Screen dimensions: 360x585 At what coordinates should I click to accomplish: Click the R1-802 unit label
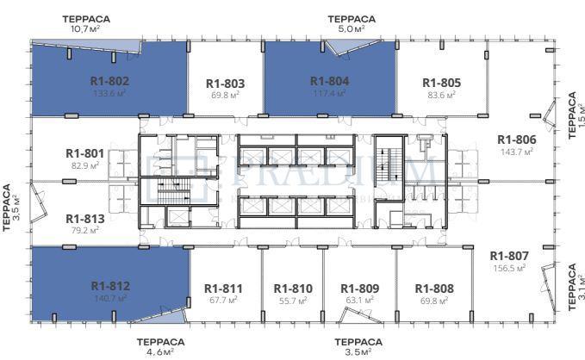coord(109,81)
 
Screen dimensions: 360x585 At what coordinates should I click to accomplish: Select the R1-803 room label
coord(227,84)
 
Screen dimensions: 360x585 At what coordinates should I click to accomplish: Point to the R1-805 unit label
coord(441,83)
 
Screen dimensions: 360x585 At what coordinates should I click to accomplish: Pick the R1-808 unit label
coord(434,289)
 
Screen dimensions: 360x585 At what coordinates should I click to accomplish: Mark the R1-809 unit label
coord(360,289)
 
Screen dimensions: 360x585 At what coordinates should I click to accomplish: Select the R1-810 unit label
coord(293,289)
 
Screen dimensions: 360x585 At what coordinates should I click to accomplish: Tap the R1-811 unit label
coord(223,289)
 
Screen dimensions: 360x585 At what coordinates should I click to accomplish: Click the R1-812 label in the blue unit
coord(109,286)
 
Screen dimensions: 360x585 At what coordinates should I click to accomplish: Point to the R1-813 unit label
coord(84,218)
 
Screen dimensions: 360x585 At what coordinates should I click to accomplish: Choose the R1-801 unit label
coord(84,153)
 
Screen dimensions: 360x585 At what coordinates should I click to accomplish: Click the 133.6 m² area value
coord(109,93)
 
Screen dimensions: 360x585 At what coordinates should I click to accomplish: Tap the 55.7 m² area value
coord(293,301)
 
